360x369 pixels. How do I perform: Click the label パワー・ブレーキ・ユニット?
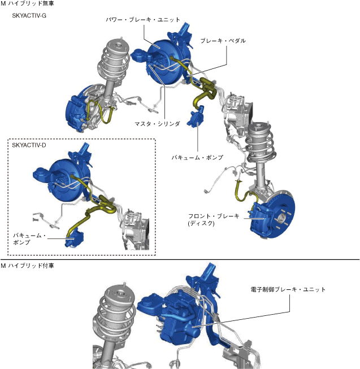click(143, 20)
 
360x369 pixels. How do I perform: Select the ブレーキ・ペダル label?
click(223, 41)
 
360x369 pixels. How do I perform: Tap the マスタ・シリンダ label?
click(157, 124)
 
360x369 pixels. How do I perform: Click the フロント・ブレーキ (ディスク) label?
click(214, 219)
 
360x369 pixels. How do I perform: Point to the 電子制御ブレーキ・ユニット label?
click(288, 289)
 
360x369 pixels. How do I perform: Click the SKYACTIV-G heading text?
click(29, 15)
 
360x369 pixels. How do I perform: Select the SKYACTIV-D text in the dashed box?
click(29, 145)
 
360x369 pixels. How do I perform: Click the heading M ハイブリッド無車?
click(28, 3)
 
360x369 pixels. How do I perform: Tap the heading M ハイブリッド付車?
click(28, 266)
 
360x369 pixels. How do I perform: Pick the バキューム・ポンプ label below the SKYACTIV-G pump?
click(197, 158)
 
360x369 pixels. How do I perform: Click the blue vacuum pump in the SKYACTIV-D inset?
click(74, 238)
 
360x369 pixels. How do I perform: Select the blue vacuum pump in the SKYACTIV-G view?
click(196, 117)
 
